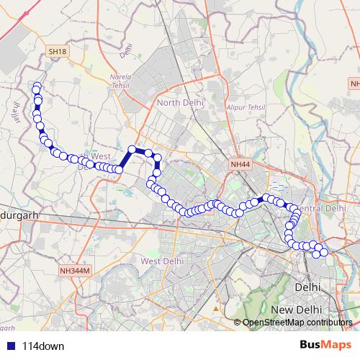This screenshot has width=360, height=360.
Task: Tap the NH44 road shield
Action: (240, 165)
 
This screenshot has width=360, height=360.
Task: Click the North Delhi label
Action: (179, 103)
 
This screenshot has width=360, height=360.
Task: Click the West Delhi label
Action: (163, 261)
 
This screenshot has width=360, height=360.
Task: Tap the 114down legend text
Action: (43, 346)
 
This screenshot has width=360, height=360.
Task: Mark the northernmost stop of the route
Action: (37, 87)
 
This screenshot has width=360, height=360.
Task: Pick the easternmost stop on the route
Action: (323, 252)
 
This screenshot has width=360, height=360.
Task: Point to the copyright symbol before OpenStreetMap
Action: (238, 323)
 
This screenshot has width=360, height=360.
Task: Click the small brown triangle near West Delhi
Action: (215, 308)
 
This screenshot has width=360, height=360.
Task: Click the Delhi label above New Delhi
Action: (307, 287)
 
